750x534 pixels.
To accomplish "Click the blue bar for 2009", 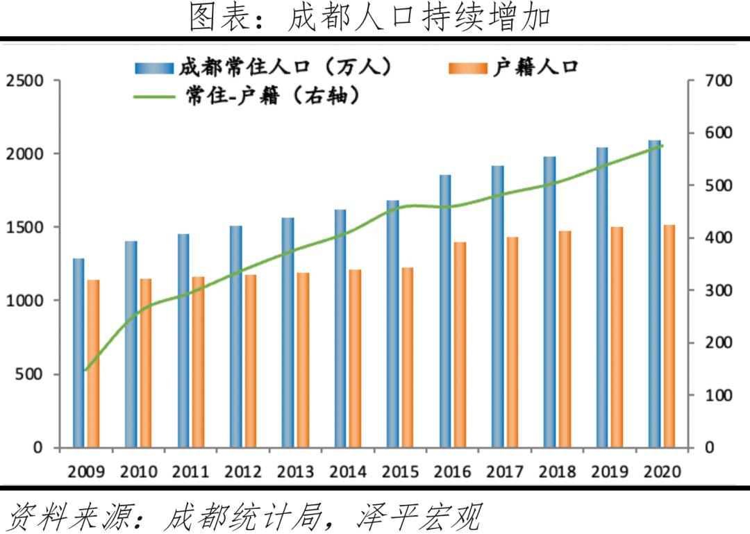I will click(78, 353).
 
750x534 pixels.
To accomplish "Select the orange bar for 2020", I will click(669, 336).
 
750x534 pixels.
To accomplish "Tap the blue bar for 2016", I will click(445, 311).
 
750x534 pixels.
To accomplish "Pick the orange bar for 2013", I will click(303, 360).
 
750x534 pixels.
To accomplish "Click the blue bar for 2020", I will click(654, 294).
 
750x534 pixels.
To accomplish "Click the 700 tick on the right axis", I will click(718, 81).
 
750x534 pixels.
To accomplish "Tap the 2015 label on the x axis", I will click(400, 472).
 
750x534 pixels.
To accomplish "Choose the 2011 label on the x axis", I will click(190, 472).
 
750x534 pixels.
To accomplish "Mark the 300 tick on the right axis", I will click(718, 290).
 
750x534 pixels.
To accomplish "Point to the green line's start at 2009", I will click(85, 370).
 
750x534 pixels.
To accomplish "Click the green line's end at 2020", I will click(662, 146).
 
